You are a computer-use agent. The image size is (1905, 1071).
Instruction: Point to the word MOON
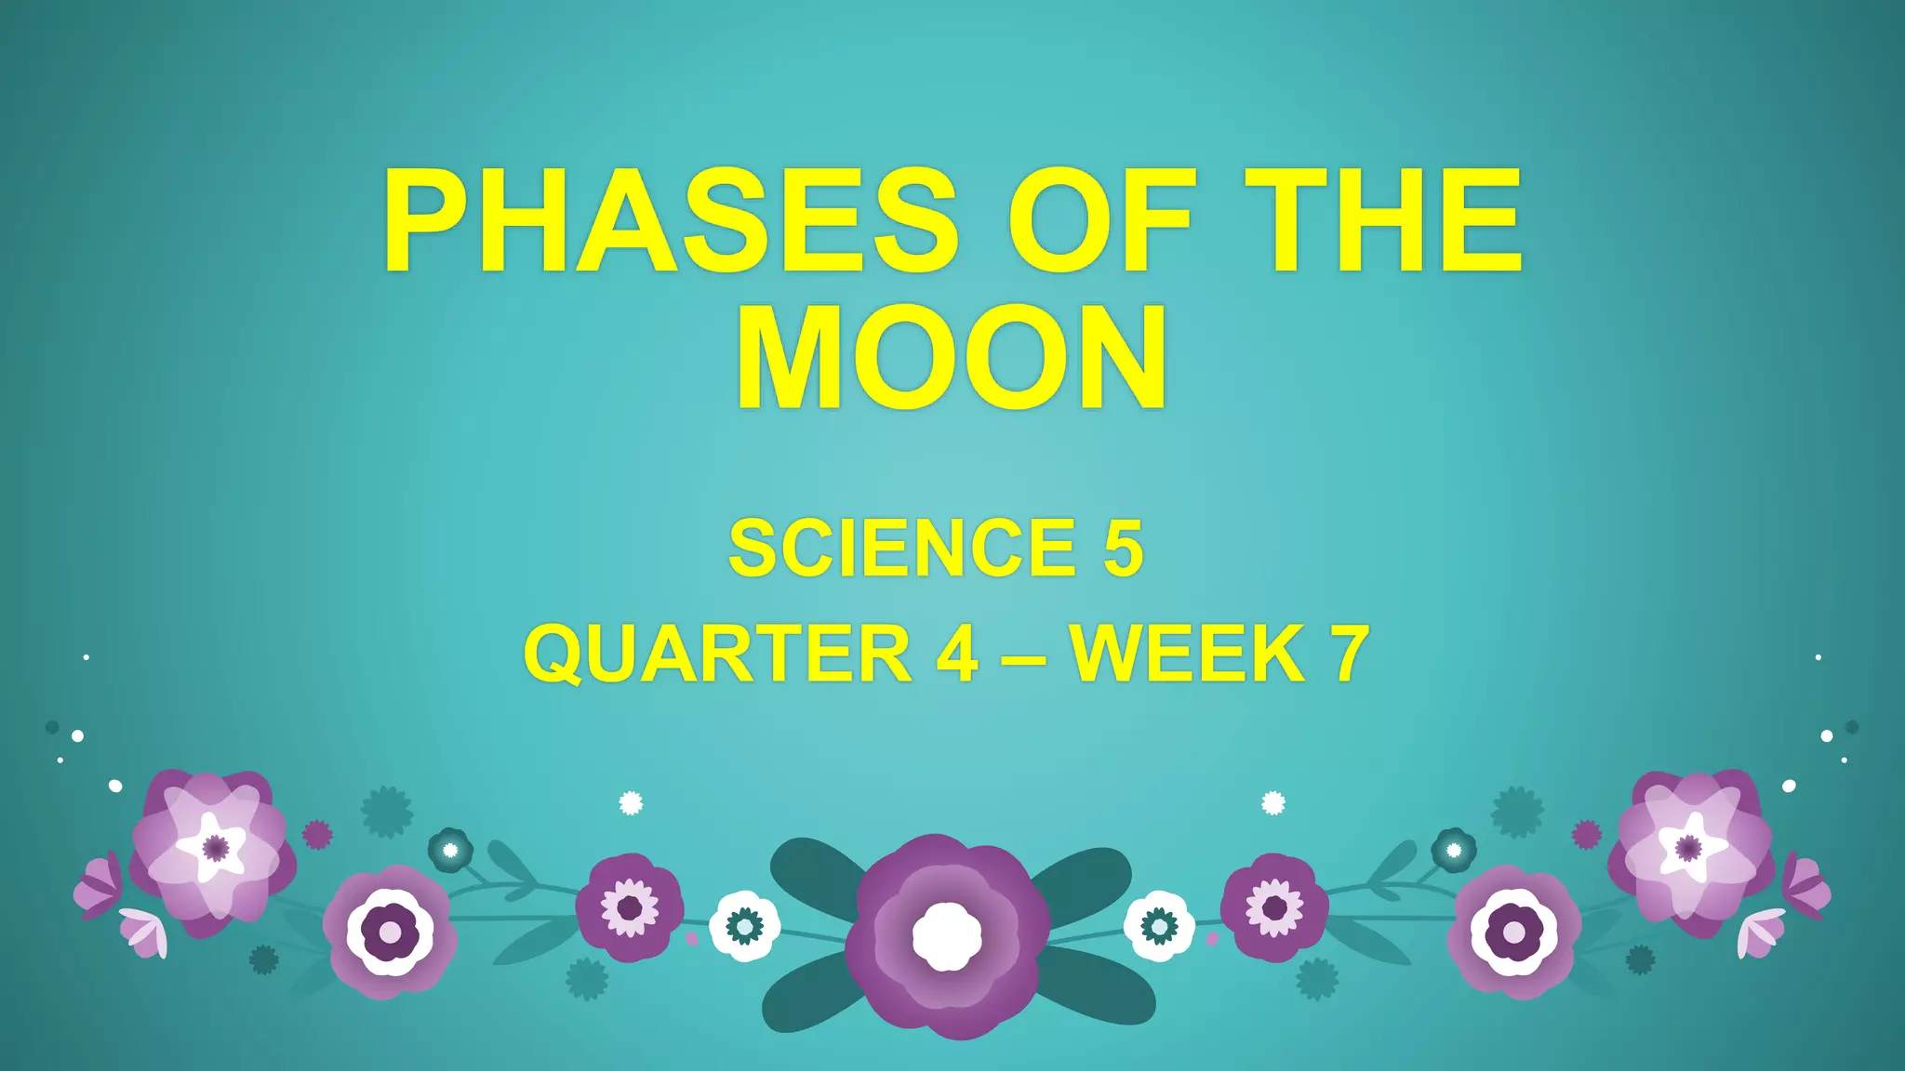coord(952,358)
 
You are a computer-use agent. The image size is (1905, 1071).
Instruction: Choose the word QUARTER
coord(716,654)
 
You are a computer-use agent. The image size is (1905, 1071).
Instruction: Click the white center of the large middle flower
coord(947,936)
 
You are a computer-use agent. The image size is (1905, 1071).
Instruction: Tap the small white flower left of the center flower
coord(744,925)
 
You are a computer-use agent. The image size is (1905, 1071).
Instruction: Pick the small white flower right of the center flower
coord(1159,925)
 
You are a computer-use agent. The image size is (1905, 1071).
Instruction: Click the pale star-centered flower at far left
coord(214,848)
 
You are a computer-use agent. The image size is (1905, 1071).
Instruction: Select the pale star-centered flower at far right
coord(1688,848)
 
